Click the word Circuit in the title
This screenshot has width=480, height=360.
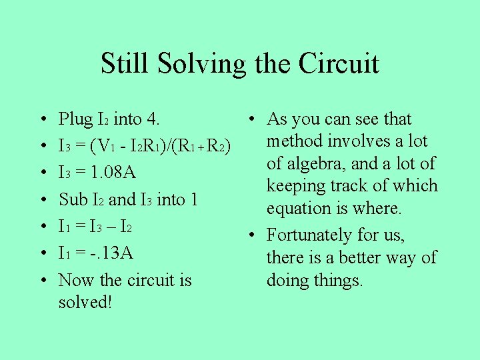(x=339, y=64)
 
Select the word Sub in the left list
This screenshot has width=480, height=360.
(x=73, y=199)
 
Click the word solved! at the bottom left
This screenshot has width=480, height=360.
(x=85, y=302)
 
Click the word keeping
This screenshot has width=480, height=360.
(x=299, y=187)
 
